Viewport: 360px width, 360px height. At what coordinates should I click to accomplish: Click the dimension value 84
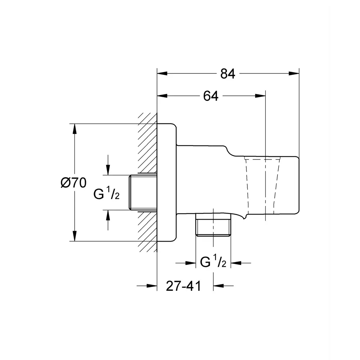coord(228,74)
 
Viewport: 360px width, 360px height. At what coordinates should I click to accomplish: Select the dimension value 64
coord(211,96)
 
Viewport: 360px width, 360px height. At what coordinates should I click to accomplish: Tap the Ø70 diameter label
coord(73,183)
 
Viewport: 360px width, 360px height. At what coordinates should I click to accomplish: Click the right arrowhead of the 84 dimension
coord(294,74)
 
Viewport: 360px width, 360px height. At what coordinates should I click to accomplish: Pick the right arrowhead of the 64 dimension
coord(261,96)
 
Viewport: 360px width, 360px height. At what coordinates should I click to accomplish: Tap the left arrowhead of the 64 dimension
coord(162,96)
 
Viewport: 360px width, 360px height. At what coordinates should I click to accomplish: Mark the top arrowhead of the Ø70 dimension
coord(75,129)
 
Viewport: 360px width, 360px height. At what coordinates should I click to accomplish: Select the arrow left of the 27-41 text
coord(152,286)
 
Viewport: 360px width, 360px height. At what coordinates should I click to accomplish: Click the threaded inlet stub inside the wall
coord(143,193)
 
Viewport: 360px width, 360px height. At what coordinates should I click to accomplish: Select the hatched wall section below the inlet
coord(148,230)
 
